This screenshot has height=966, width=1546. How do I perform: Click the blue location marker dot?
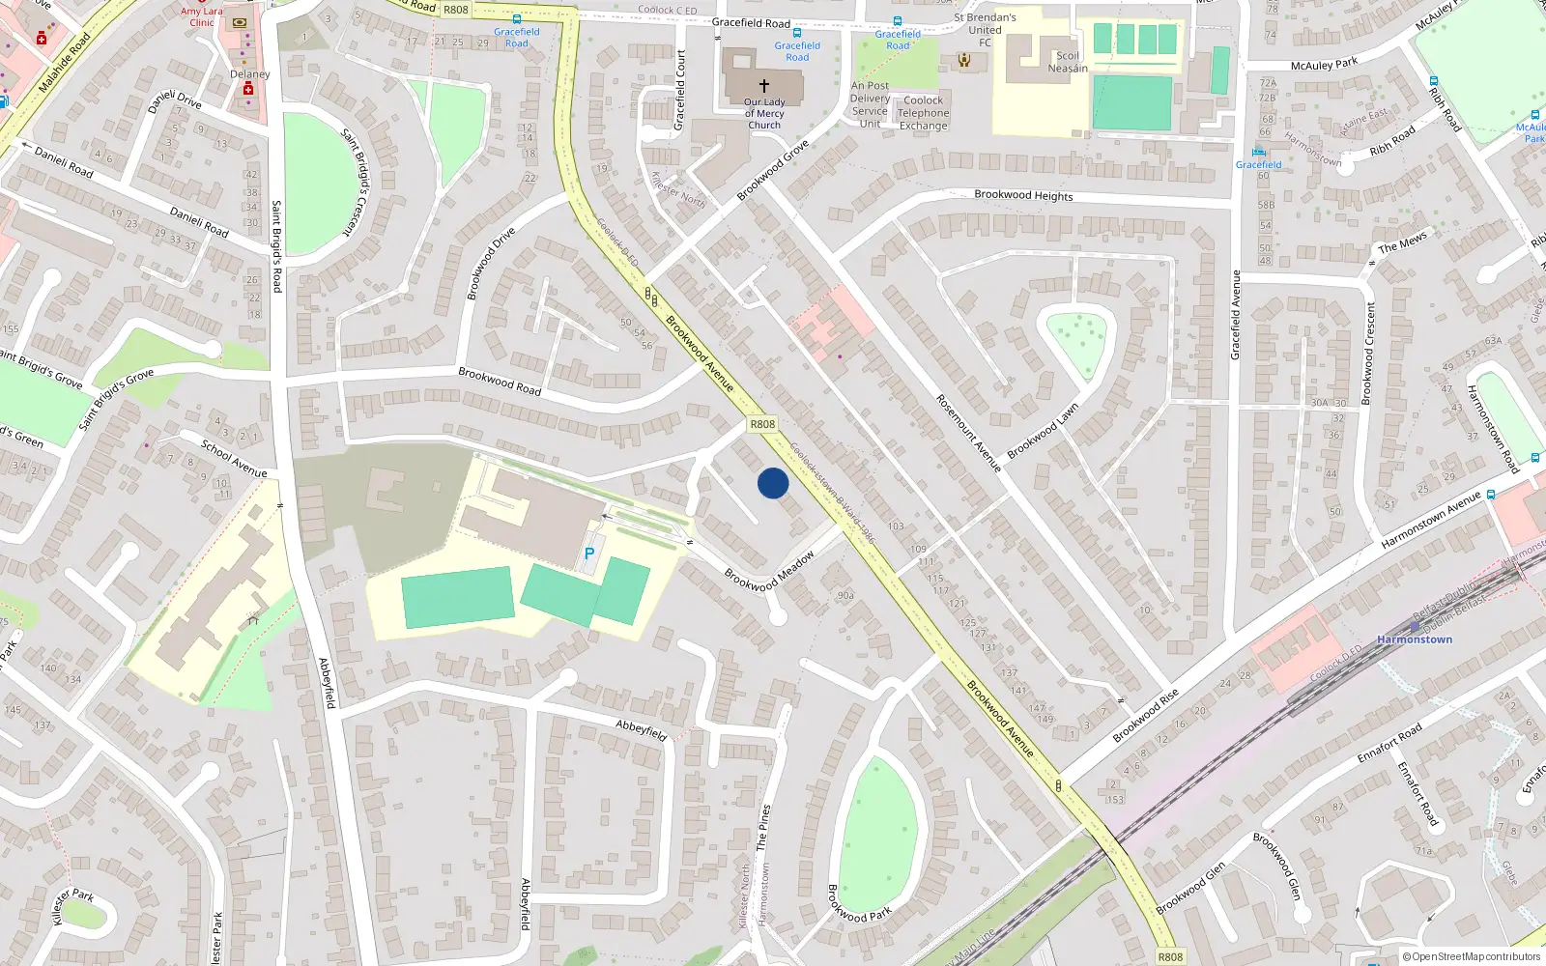click(x=773, y=483)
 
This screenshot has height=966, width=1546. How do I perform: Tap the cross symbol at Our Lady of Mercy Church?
click(x=764, y=86)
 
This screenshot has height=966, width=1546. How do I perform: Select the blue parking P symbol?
click(x=589, y=554)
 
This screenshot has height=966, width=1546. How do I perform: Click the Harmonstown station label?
click(x=1415, y=639)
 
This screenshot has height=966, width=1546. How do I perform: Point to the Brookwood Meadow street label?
click(x=769, y=571)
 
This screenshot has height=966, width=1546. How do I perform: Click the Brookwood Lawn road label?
click(x=1043, y=431)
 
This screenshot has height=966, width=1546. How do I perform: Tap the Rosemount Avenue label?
click(x=968, y=433)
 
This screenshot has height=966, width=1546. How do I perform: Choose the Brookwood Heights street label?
click(x=1023, y=195)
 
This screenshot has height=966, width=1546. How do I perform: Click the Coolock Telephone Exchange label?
click(x=924, y=113)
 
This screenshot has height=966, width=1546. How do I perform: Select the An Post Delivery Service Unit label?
click(x=870, y=104)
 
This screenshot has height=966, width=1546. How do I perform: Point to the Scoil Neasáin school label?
click(x=1068, y=62)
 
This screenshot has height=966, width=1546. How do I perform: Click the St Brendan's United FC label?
click(x=985, y=30)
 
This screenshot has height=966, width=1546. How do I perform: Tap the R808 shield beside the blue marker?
click(x=762, y=424)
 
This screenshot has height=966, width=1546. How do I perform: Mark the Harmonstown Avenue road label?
click(x=1431, y=520)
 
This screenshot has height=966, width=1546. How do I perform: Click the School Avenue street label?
click(x=234, y=458)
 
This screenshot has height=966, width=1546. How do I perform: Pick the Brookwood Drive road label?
click(x=491, y=264)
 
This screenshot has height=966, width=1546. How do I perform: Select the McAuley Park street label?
click(x=1324, y=65)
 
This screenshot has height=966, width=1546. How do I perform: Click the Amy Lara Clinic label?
click(x=202, y=17)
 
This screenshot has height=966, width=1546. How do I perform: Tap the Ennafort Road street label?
click(x=1389, y=743)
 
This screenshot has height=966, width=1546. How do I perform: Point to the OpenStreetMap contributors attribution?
click(x=1471, y=957)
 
